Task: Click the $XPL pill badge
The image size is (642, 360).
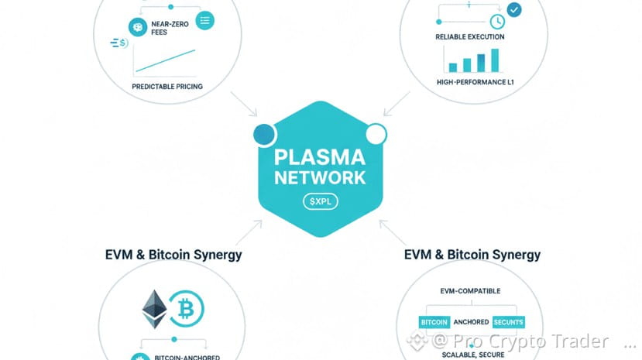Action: (x=320, y=201)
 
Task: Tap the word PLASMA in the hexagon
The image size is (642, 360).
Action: (x=320, y=157)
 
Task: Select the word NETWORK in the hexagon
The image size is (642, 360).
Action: (x=320, y=177)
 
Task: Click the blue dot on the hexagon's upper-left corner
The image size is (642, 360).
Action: (x=263, y=135)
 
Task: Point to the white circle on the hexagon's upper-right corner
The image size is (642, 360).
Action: (x=376, y=135)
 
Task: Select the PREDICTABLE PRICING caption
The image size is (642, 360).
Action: (x=167, y=87)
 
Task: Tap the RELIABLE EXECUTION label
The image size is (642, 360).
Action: (x=470, y=36)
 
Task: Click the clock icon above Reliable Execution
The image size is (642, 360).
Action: (x=496, y=22)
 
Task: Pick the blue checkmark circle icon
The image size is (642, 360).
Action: (x=514, y=9)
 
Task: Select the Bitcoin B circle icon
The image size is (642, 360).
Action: (x=187, y=310)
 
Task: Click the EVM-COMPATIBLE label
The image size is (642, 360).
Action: (x=470, y=291)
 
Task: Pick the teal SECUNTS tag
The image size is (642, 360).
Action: (x=508, y=321)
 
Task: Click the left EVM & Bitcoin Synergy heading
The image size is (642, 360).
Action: (x=173, y=255)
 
